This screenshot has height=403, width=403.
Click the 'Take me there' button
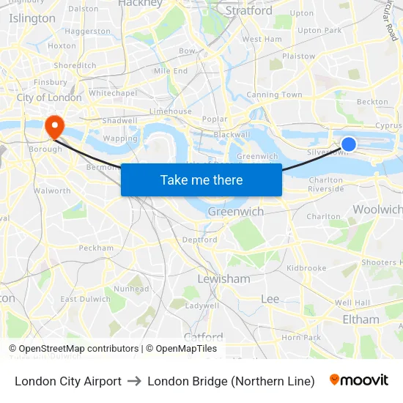202,180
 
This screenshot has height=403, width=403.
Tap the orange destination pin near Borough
54,127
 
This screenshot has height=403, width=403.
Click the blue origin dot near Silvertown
349,144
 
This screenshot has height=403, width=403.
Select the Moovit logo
359,380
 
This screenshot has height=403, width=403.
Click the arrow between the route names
134,381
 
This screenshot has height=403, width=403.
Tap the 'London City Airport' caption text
68,381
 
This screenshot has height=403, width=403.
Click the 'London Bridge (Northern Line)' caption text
231,381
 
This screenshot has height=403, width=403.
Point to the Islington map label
32,18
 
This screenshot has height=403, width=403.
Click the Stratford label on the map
248,11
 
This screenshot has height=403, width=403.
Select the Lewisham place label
223,279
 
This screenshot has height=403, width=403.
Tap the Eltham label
361,319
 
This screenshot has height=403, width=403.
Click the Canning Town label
274,95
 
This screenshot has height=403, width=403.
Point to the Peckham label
96,248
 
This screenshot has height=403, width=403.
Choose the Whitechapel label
112,94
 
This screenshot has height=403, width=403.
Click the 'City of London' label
49,97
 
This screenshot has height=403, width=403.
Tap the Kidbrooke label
306,268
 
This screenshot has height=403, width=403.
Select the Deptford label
199,240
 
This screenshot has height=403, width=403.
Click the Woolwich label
377,210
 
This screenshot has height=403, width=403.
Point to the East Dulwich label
79,299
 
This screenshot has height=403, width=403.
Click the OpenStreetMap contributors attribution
73,349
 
